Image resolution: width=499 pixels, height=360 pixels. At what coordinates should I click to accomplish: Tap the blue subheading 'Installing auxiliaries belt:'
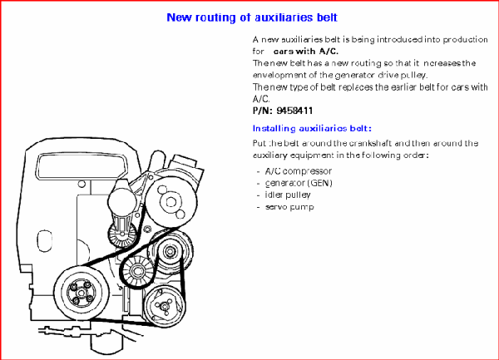click(312, 128)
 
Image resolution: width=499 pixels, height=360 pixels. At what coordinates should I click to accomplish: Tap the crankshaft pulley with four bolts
click(81, 292)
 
